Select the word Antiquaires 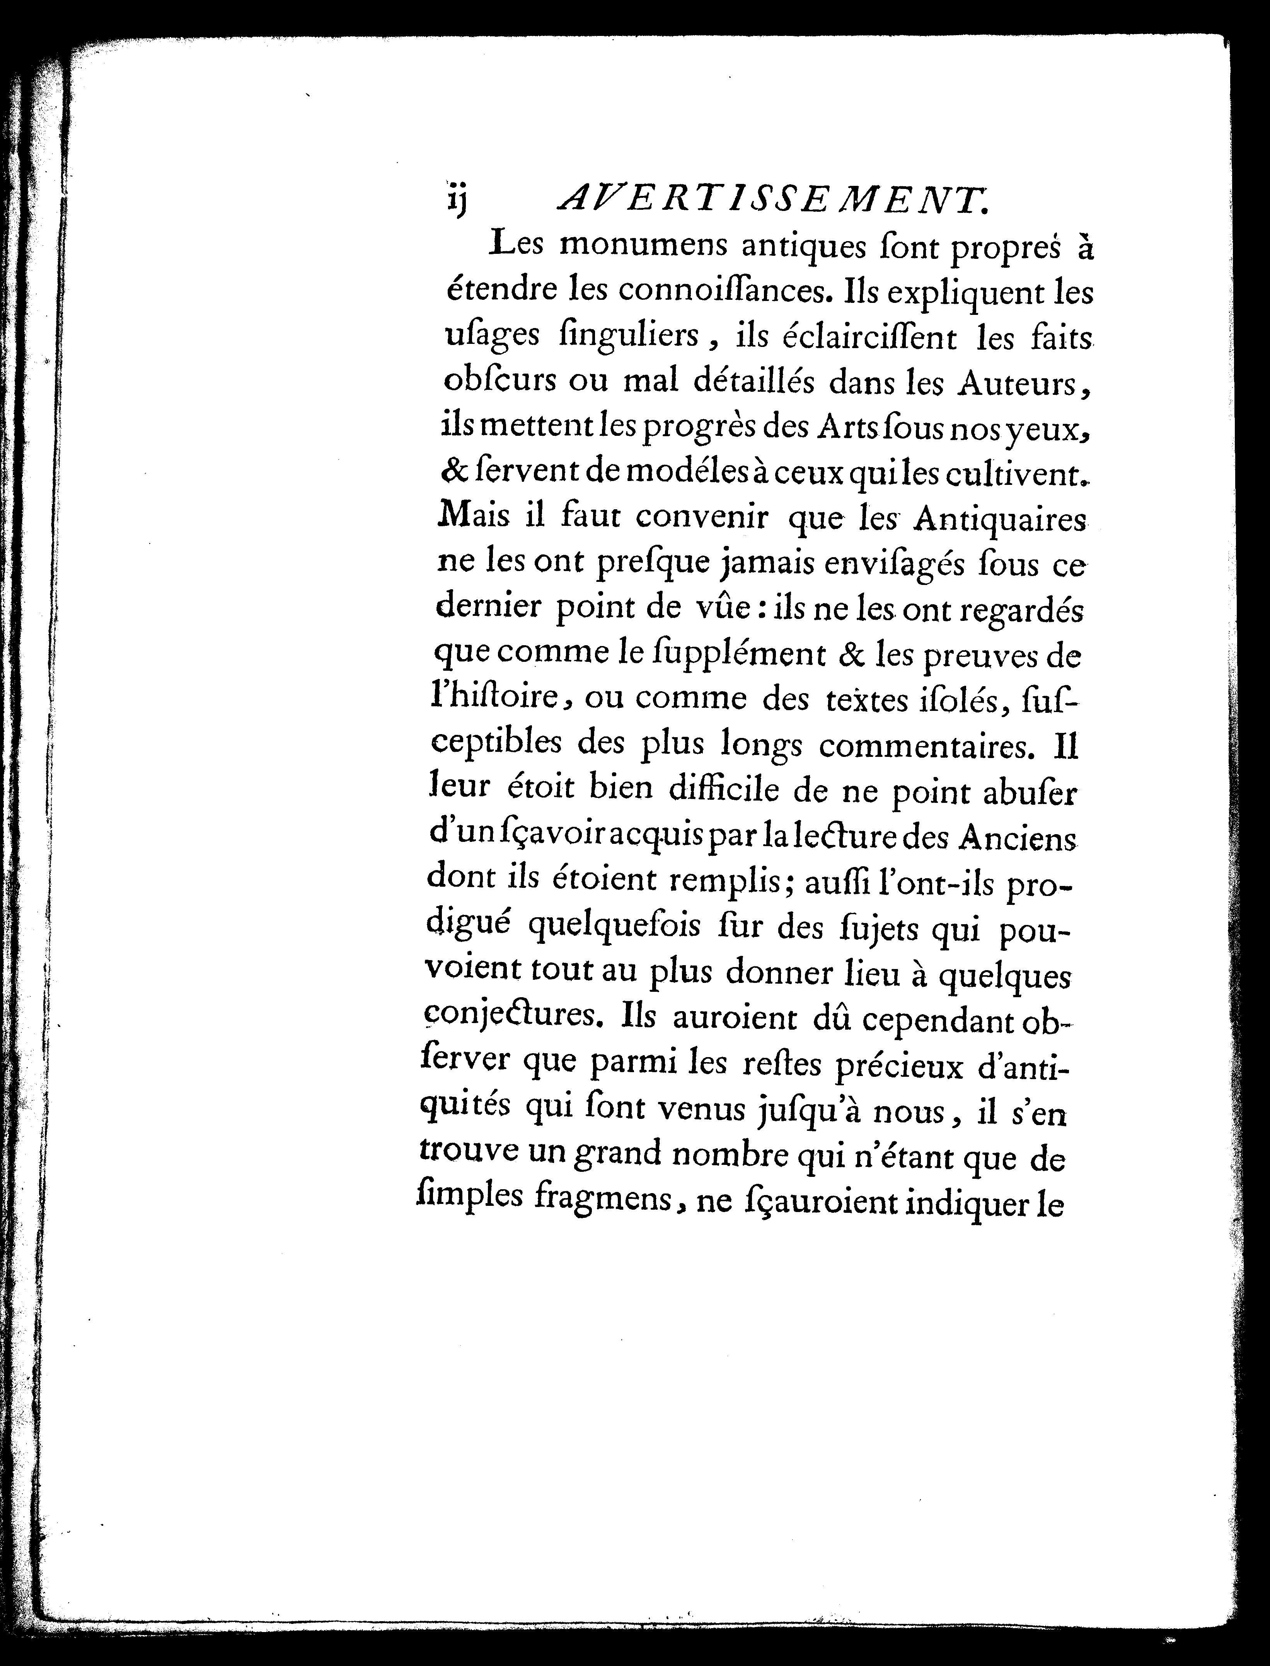coord(1000,520)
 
